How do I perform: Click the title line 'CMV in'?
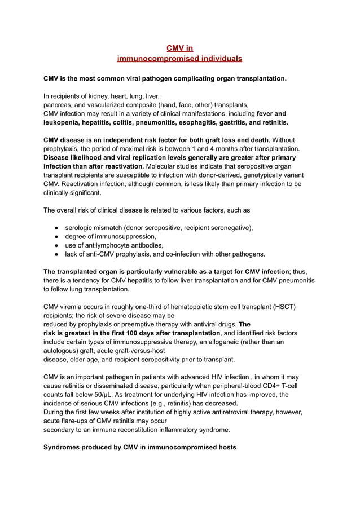(179, 48)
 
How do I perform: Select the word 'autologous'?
(63, 351)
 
